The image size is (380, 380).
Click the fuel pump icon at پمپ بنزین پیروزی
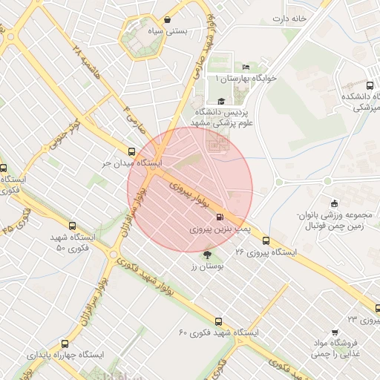coord(219,217)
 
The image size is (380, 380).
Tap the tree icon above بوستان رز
coord(206,255)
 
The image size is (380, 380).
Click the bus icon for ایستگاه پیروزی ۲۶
coord(266,240)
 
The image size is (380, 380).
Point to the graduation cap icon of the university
coord(220,101)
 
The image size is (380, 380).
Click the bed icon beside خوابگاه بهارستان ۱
coord(246,68)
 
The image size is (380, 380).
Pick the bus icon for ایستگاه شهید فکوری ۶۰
coord(218,321)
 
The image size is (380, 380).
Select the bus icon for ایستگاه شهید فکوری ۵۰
coord(72,226)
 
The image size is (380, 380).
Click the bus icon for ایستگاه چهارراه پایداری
coord(65,344)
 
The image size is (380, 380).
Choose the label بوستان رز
coord(202,266)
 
